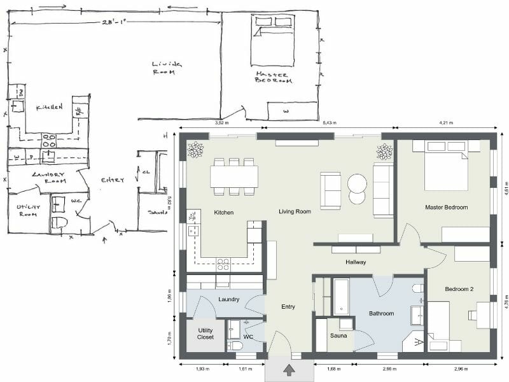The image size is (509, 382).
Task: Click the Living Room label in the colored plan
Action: click(x=295, y=211)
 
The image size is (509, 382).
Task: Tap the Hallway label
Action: click(x=355, y=262)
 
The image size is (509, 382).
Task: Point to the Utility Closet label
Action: click(x=206, y=334)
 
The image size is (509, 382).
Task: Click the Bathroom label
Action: click(x=381, y=313)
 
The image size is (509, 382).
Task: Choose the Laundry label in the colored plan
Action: click(x=228, y=299)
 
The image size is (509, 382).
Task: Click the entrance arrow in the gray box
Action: click(x=289, y=369)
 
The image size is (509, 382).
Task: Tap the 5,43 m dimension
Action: click(x=330, y=122)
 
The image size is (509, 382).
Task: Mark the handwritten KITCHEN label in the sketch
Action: click(x=49, y=108)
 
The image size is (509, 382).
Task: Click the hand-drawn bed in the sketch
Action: click(x=273, y=41)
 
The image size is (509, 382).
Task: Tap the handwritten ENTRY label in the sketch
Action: click(x=113, y=180)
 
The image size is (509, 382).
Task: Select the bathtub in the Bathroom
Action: click(x=341, y=296)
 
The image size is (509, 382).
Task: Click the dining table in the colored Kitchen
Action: click(x=234, y=176)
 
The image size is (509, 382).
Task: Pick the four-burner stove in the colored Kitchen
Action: click(x=223, y=263)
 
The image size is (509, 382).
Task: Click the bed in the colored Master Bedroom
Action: click(x=446, y=166)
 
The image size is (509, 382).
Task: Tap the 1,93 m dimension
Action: click(x=202, y=369)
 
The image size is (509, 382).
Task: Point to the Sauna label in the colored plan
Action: click(x=338, y=336)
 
